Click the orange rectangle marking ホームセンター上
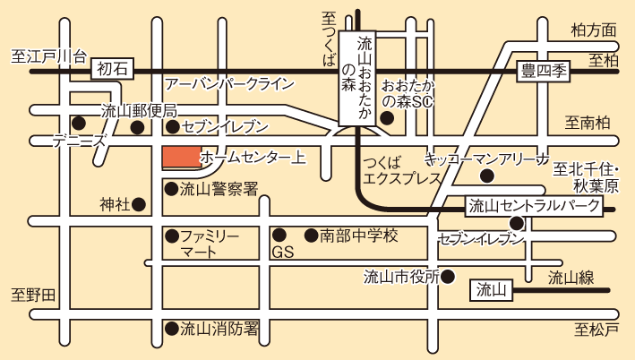tap(181, 158)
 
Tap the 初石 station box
tap(114, 66)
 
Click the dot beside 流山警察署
tap(170, 189)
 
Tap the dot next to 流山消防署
tap(170, 329)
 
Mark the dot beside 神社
tap(139, 205)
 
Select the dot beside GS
tap(279, 236)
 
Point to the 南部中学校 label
tap(358, 236)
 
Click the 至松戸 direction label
tap(596, 330)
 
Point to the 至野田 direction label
tap(33, 294)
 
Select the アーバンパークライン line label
tap(229, 83)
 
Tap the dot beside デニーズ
tap(79, 123)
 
